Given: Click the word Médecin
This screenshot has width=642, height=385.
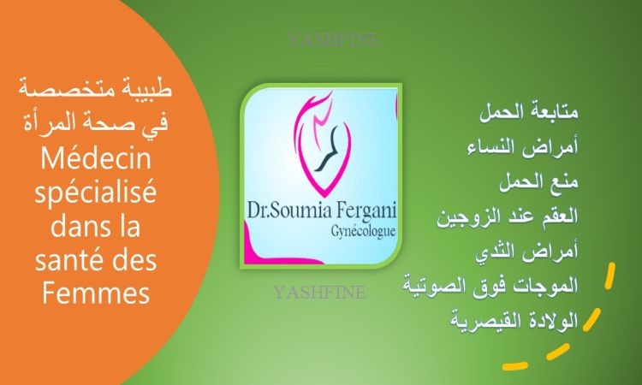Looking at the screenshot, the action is coord(96,159).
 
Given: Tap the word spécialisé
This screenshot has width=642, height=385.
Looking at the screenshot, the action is coord(95,193).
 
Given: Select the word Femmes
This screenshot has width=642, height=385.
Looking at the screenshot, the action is coord(96,293).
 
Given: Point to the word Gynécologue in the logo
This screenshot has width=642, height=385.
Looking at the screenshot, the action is coord(364,232).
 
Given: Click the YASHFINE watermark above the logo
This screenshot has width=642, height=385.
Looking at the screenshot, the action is coord(334,40).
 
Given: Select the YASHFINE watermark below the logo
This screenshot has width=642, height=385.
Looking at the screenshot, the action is coord(319,293).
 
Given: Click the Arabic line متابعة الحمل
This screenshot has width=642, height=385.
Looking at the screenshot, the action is coord(529,111).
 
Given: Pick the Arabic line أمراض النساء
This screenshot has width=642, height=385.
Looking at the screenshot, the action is coord(523,146).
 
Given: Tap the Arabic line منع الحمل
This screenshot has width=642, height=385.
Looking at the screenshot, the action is coord(538,181).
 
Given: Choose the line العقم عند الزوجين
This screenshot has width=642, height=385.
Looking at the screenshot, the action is coord(508,216).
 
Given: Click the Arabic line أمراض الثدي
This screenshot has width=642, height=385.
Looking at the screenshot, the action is coord(527,251).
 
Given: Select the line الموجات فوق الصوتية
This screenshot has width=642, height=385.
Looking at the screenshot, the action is coord(490,285).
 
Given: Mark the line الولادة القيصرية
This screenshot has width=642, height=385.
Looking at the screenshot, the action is coord(514,319).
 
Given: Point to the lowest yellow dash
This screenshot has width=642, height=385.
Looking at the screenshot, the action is coord(515,365).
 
